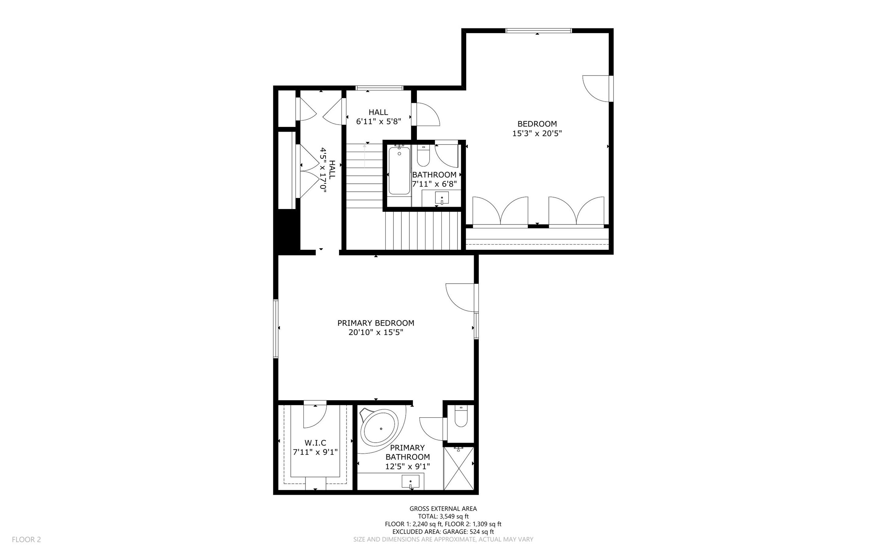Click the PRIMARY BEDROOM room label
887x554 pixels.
[x=376, y=323]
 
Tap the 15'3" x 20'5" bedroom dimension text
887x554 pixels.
[x=537, y=134]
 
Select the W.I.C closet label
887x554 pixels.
[x=315, y=443]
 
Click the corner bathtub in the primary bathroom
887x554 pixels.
[x=380, y=428]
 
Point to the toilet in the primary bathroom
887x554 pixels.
[x=461, y=416]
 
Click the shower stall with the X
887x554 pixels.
[x=458, y=468]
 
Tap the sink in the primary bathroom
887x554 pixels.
[x=411, y=482]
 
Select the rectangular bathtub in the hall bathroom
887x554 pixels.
[x=399, y=170]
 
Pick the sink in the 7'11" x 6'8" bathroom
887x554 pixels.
[x=442, y=198]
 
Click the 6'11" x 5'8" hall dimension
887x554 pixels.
[x=379, y=122]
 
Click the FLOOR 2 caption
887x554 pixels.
[x=26, y=539]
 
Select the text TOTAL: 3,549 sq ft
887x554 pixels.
[x=443, y=516]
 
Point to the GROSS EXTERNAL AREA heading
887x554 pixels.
[x=443, y=509]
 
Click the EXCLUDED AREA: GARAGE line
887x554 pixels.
[x=443, y=532]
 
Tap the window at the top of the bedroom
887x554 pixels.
[x=539, y=30]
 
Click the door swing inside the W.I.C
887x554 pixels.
[x=315, y=416]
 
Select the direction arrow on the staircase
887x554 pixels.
[x=364, y=155]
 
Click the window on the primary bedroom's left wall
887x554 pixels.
[x=276, y=329]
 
